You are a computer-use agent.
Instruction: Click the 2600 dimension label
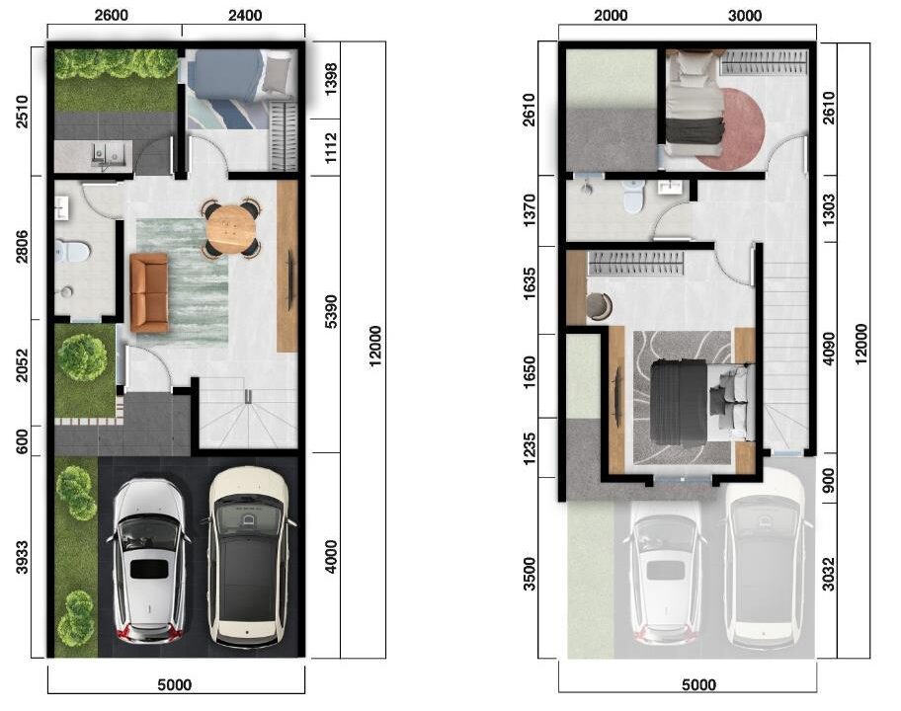[x=111, y=15]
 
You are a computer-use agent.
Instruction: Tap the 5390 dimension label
[x=331, y=311]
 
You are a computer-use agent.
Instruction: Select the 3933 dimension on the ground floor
[x=22, y=557]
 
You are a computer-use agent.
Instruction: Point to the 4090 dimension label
[x=829, y=349]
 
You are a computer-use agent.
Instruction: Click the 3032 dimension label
[x=828, y=574]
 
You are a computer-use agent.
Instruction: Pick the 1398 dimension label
[x=331, y=79]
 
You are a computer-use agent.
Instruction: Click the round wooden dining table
[x=230, y=228]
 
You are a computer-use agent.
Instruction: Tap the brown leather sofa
[x=149, y=293]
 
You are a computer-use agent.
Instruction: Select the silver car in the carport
[x=150, y=562]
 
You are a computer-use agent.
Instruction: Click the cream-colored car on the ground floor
[x=248, y=556]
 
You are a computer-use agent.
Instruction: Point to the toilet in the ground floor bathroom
[x=72, y=251]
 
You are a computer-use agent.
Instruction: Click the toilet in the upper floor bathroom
[x=633, y=197]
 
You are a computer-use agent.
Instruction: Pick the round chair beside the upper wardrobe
[x=600, y=305]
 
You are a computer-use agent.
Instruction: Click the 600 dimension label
[x=22, y=441]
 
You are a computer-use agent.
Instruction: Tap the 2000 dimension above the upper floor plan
[x=611, y=15]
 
